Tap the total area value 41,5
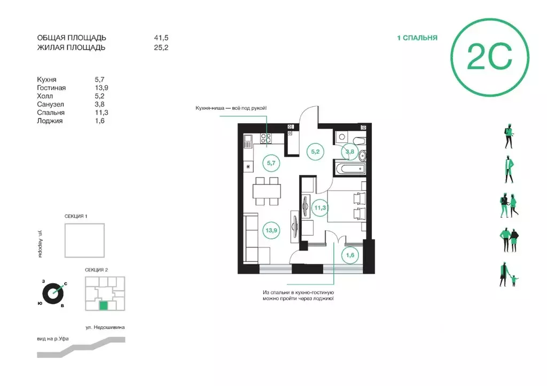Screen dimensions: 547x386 click(161, 38)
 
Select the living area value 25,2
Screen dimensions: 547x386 click(161, 47)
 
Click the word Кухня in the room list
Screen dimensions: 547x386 click(47, 80)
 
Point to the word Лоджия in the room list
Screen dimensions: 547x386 click(50, 121)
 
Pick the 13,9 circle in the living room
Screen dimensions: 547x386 click(271, 230)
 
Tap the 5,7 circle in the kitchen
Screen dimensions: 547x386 click(271, 163)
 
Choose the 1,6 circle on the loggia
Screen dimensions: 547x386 click(350, 255)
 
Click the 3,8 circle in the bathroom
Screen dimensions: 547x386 click(349, 151)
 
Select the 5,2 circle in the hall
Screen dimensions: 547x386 click(315, 151)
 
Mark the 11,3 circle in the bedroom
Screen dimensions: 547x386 click(320, 208)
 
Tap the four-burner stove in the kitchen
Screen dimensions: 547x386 click(266, 139)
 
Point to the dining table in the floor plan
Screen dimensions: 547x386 click(267, 191)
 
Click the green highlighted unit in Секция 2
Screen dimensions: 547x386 click(104, 305)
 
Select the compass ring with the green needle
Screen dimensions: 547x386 click(53, 294)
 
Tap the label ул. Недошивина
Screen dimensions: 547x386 click(105, 327)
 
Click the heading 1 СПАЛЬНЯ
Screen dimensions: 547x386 click(417, 38)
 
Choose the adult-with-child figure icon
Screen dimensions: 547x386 click(508, 275)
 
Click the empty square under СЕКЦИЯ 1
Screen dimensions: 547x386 click(84, 240)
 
